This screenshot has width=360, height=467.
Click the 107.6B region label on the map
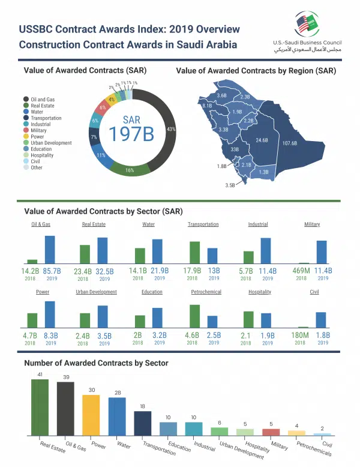coord(289,143)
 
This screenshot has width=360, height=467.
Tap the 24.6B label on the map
coord(261,140)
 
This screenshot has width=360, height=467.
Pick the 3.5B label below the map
coord(230,185)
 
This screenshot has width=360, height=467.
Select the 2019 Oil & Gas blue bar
coord(50,250)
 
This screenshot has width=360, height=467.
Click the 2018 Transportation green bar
coord(194,253)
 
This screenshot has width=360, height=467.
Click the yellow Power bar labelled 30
coord(91,415)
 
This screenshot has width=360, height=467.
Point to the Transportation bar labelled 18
coord(142,423)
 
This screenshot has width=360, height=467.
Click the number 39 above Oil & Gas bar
coord(65,377)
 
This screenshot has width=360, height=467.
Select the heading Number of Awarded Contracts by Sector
coord(96,363)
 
